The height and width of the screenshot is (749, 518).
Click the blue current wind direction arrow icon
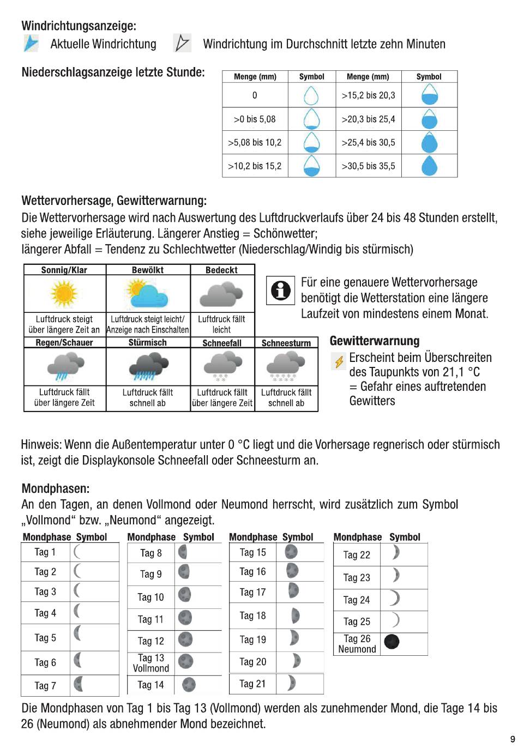pos(31,43)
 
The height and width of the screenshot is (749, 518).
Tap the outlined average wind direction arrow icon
pos(182,43)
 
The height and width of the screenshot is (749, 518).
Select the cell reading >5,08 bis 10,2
pos(255,143)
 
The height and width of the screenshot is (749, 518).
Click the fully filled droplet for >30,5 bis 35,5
pos(429,166)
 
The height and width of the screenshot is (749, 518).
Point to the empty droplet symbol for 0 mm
pos(311,95)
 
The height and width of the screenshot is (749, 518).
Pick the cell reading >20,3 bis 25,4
pos(368,119)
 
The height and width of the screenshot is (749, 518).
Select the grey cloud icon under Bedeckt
pos(221,294)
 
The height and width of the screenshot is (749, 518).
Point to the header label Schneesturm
pos(286,343)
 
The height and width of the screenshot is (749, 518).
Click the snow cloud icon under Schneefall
pos(222,365)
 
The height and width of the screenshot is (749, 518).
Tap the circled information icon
pos(280,290)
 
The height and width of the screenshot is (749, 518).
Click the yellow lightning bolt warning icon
pos(339,361)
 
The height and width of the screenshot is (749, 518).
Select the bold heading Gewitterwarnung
pos(375,341)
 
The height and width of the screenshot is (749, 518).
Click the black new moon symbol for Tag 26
pos(391,642)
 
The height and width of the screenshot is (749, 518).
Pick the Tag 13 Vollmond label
pos(151,663)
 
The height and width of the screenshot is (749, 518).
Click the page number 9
pos(512,739)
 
